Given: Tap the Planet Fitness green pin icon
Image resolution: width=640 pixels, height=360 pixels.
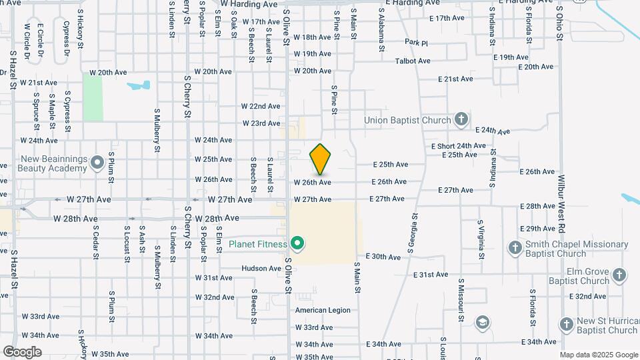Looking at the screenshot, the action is point(297,244).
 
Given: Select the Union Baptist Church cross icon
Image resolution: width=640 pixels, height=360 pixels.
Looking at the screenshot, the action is point(461,120).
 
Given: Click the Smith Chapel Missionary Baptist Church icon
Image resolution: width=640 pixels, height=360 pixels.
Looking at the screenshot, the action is point(515,249).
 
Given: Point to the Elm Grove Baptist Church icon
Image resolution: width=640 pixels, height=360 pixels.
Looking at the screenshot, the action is point(619,275).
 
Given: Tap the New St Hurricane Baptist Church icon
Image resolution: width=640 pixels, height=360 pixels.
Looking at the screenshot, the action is point(567,325).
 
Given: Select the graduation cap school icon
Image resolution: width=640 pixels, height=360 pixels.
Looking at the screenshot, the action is point(481,324).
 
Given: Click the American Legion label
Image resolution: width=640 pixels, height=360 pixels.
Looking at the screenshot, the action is point(323,310).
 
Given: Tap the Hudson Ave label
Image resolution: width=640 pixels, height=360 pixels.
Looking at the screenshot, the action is point(261,269).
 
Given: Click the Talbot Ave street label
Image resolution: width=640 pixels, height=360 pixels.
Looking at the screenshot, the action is point(413,61).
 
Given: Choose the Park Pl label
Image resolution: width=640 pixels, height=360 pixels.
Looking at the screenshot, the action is point(415,42).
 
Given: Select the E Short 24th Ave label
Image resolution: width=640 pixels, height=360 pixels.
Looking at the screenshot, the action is point(458,146).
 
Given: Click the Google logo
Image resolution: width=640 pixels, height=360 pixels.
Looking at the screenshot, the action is point(22,352).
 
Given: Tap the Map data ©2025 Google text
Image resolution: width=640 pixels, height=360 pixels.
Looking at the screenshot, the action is point(598,355).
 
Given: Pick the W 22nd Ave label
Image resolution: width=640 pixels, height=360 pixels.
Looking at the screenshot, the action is point(261,106).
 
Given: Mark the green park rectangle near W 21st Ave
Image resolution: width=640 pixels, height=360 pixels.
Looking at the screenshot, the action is point(93,97).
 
